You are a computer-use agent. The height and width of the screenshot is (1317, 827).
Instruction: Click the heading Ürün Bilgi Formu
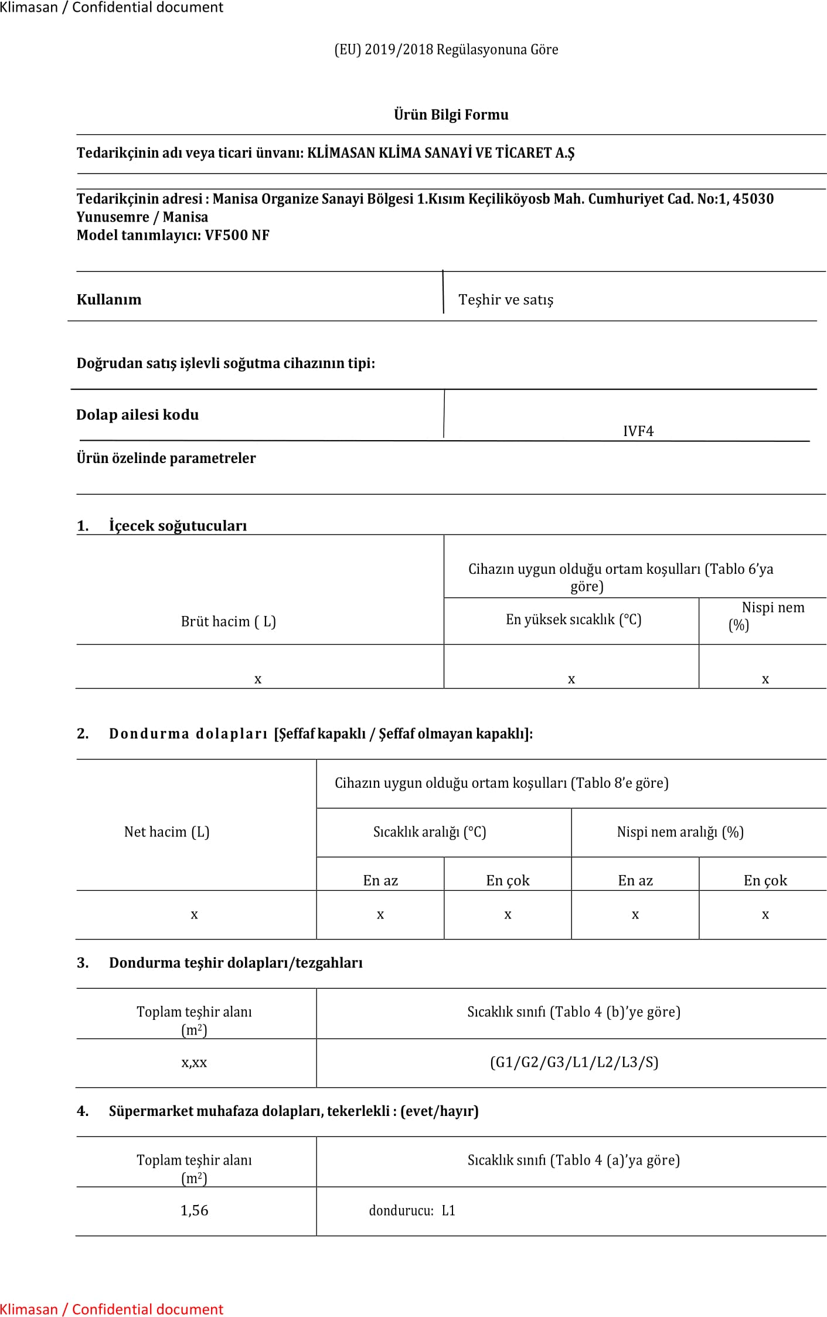click(451, 114)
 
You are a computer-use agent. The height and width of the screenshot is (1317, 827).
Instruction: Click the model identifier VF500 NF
click(237, 235)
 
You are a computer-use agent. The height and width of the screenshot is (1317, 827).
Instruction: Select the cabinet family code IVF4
click(638, 431)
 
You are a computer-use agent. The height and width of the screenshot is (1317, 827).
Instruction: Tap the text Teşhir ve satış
click(505, 300)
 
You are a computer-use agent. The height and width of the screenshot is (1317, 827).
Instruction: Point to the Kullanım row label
click(109, 300)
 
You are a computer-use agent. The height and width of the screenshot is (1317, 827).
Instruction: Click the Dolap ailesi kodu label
click(137, 414)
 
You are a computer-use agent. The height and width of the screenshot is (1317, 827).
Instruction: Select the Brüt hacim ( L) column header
click(228, 621)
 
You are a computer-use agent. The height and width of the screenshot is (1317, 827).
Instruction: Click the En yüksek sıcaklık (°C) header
click(573, 620)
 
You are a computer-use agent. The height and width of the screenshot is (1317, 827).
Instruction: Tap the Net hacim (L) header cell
click(166, 832)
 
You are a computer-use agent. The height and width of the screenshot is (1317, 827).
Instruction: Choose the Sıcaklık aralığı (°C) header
click(430, 832)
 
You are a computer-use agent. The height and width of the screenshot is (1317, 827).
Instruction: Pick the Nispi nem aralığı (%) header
click(680, 832)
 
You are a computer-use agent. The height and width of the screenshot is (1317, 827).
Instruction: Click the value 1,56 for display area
click(194, 1210)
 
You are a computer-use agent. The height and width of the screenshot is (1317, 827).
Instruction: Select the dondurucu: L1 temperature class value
click(412, 1210)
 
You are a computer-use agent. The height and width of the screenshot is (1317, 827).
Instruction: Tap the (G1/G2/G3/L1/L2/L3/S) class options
click(574, 1062)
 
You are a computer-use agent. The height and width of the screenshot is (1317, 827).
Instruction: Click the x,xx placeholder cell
click(194, 1062)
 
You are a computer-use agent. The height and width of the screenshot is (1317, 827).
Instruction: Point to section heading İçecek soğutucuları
click(178, 525)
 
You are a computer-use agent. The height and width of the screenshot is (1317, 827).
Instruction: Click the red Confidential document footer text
click(111, 1309)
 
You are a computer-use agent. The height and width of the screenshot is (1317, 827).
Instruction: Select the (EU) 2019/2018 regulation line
click(446, 49)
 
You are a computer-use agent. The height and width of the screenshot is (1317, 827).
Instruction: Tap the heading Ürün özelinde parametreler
click(166, 458)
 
